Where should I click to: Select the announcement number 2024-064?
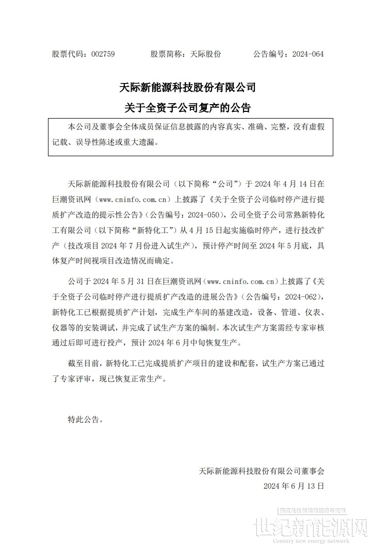pyautogui.click(x=308, y=54)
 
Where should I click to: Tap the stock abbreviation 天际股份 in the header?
pyautogui.click(x=206, y=54)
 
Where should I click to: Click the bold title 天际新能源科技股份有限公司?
pyautogui.click(x=187, y=87)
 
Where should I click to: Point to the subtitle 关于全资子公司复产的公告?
pyautogui.click(x=187, y=108)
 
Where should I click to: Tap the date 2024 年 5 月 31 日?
pyautogui.click(x=121, y=282)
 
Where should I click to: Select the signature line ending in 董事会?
pyautogui.click(x=263, y=470)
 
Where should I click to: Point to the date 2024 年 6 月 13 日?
pyautogui.click(x=294, y=486)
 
